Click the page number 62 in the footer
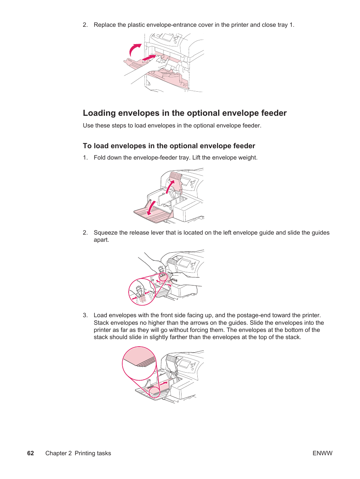[x=31, y=453]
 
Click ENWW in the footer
[x=322, y=453]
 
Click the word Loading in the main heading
[x=99, y=113]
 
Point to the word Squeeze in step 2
[x=106, y=233]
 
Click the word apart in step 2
[x=101, y=240]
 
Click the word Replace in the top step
[x=105, y=25]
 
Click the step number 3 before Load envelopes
[x=85, y=315]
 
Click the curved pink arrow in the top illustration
[x=134, y=49]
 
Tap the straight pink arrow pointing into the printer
[x=149, y=58]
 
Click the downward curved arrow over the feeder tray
[x=151, y=208]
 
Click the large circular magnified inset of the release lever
[x=142, y=292]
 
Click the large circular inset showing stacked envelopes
[x=139, y=363]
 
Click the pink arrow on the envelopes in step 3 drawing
[x=165, y=384]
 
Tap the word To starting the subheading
[x=87, y=146]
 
